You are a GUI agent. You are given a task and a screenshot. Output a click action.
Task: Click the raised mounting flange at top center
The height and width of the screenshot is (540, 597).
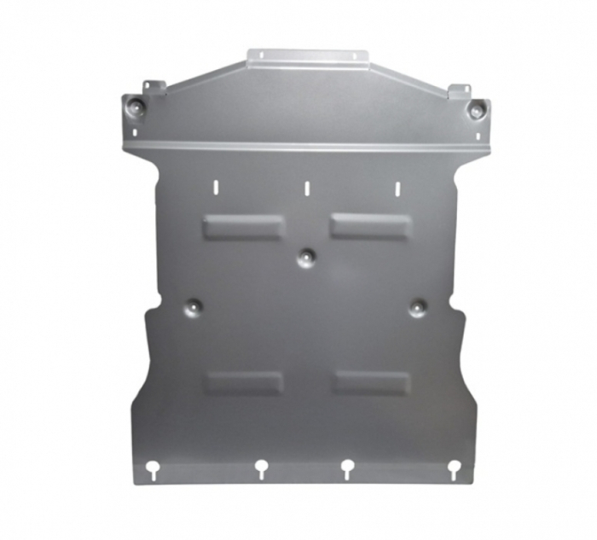(308, 58)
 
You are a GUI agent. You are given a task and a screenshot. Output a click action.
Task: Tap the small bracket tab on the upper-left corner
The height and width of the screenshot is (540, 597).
(154, 87)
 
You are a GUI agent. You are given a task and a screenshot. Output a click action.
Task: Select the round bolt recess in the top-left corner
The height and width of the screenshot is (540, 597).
(137, 107)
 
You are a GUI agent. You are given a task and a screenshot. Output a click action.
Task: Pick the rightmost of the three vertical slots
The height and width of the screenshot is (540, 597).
(397, 188)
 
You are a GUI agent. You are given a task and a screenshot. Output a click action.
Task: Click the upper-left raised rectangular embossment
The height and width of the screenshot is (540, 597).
(243, 226)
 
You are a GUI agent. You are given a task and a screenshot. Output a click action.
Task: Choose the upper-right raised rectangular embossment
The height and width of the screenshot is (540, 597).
(371, 226)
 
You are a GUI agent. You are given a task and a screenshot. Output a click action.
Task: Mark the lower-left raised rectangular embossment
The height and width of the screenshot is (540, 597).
(243, 382)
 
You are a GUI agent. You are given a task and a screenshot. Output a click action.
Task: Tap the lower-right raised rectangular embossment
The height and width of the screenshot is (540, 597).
(372, 382)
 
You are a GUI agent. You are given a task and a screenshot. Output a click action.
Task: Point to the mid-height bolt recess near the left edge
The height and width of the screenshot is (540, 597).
(194, 305)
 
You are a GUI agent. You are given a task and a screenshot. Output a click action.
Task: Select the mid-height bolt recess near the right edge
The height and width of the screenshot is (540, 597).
(417, 307)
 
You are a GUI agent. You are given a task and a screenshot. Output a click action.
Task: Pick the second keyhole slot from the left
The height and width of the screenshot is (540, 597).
(260, 467)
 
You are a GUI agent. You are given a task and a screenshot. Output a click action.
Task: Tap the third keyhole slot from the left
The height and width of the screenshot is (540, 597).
(347, 467)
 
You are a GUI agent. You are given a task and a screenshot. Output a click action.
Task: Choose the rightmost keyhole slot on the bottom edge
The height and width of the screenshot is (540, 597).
(455, 467)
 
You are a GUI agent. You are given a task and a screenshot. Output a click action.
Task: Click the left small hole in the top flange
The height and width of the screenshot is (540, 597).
(263, 55)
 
